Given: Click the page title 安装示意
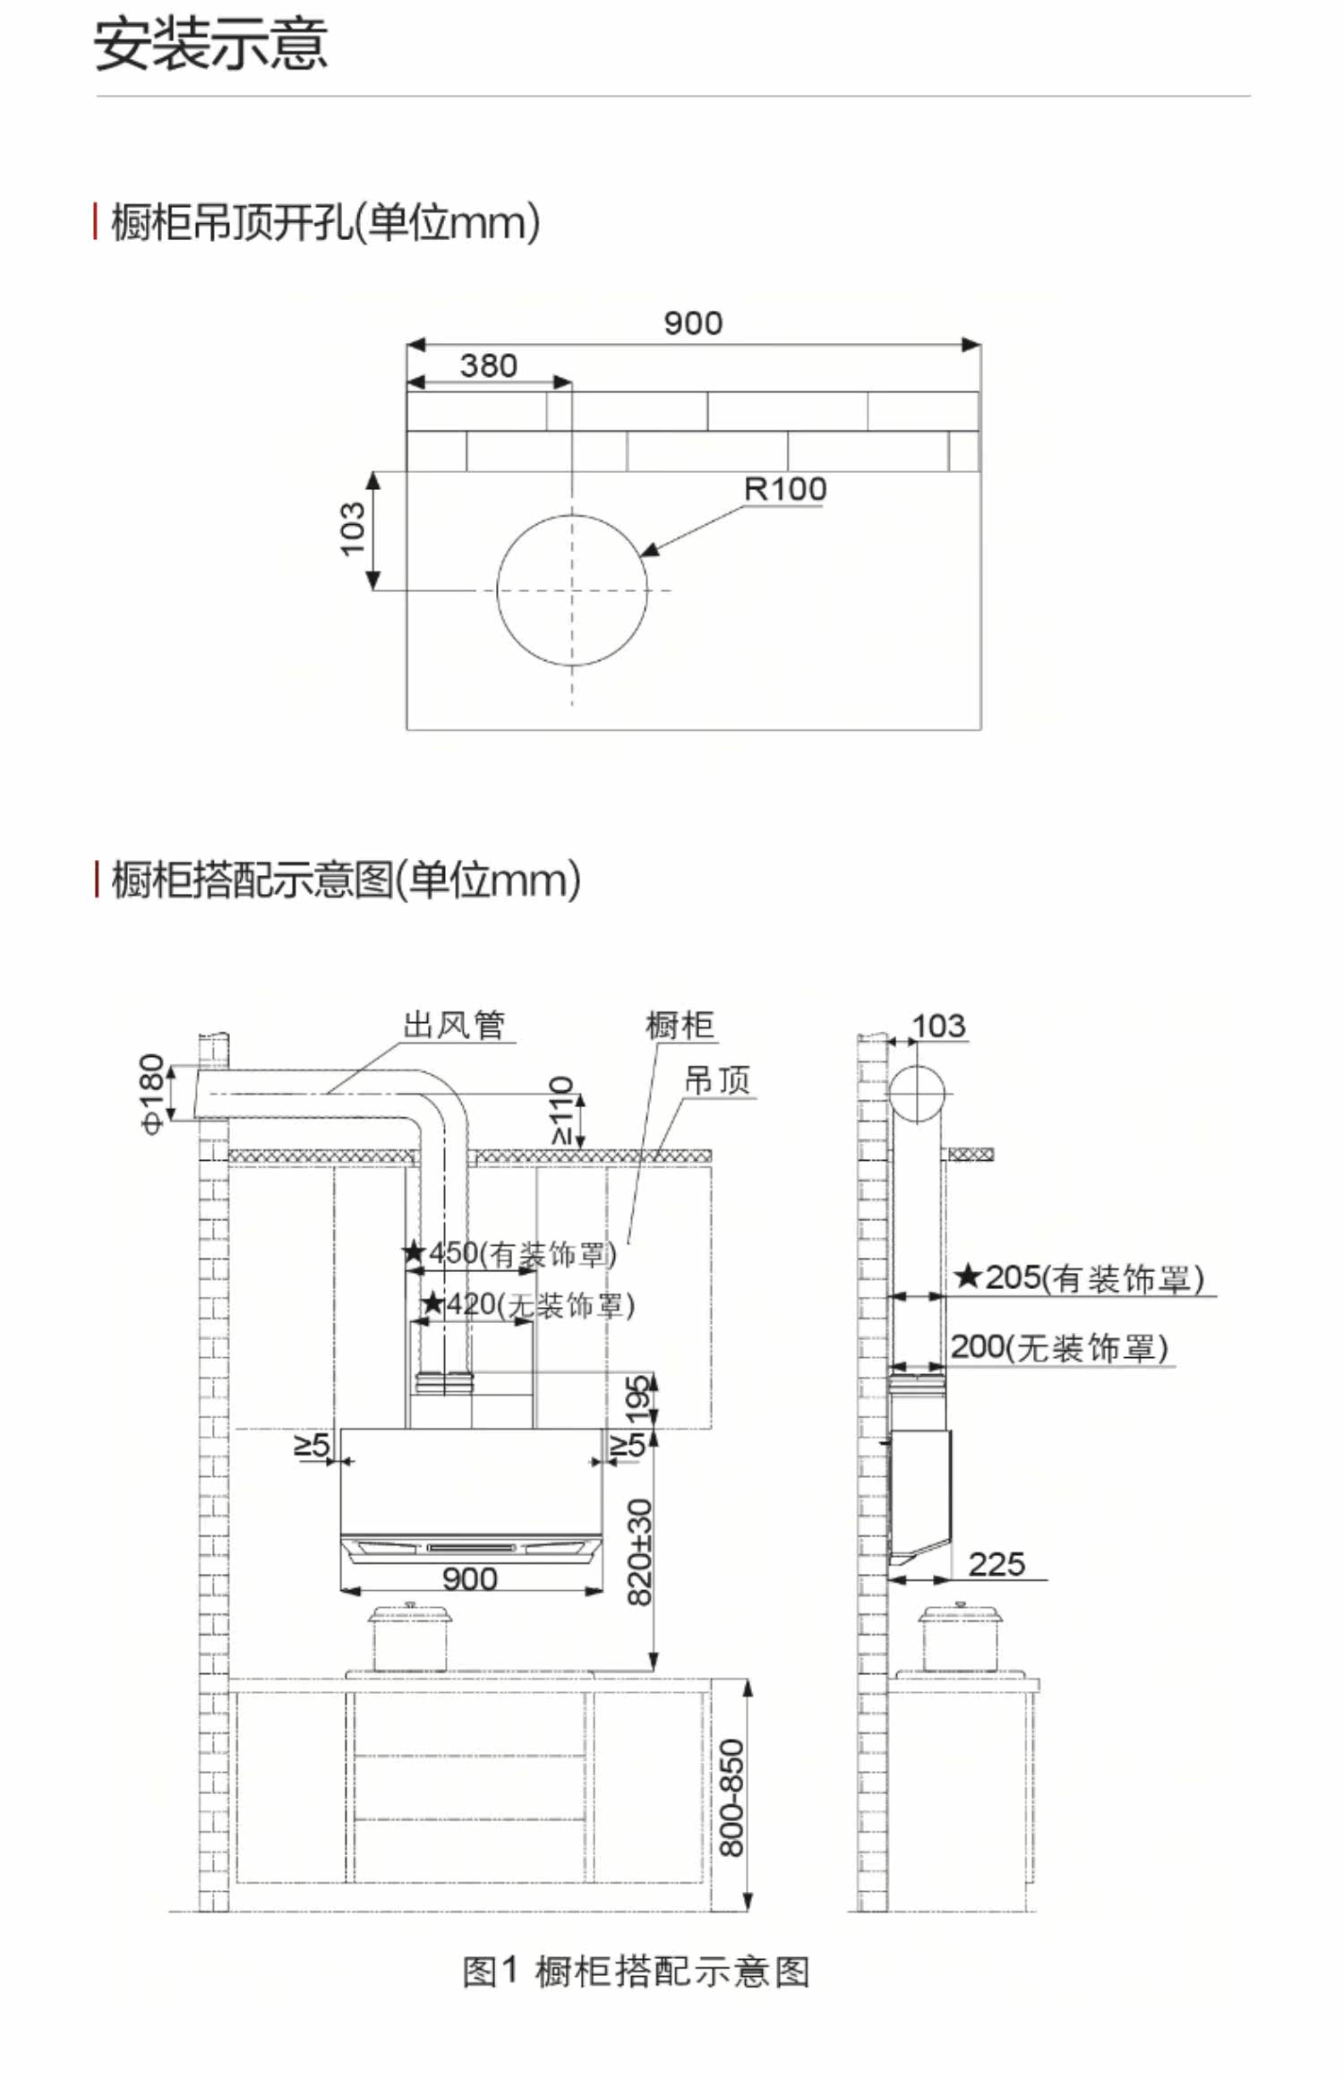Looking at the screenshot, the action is [x=210, y=45].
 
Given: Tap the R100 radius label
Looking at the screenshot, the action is [x=784, y=489].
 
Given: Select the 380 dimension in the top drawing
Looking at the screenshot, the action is [x=488, y=365].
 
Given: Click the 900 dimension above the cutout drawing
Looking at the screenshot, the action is [x=692, y=322].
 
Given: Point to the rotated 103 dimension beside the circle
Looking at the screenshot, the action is [x=353, y=529].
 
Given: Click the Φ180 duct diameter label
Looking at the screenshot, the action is [x=153, y=1093].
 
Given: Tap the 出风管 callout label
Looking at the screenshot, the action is [x=454, y=1025].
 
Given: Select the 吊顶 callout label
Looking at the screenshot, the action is [x=716, y=1080].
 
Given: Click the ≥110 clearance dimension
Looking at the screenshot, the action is [x=560, y=1111].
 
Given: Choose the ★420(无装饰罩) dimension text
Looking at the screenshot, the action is [x=527, y=1305].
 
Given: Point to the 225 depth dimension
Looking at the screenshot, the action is [x=996, y=1564].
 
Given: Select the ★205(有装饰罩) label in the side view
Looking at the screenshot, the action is [x=1078, y=1277].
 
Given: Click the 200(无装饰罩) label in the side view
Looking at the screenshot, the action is [x=1058, y=1346].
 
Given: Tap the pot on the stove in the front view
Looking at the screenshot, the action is [x=409, y=1637].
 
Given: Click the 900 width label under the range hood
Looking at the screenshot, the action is [x=469, y=1578].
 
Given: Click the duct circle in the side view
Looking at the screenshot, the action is [x=917, y=1094].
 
